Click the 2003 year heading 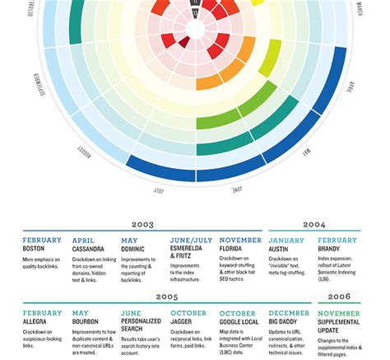[x=143, y=224]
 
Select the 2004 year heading [x=313, y=224]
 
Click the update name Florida [x=234, y=248]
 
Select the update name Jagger [x=184, y=320]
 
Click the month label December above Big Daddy [x=289, y=313]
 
